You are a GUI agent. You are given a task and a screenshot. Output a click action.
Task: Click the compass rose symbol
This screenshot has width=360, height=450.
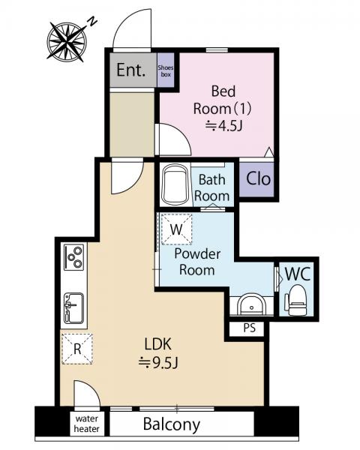(67, 42)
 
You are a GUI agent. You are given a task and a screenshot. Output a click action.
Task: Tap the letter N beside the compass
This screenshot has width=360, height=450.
(92, 22)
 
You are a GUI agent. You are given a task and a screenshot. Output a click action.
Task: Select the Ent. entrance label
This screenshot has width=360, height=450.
(131, 70)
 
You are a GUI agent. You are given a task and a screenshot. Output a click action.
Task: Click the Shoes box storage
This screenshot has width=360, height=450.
(166, 70)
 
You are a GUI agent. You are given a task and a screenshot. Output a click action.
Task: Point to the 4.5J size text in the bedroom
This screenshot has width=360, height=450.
(224, 126)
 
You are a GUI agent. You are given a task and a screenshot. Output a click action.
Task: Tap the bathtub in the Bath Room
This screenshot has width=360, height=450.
(175, 184)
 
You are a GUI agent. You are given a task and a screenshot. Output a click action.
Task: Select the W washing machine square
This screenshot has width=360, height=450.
(176, 229)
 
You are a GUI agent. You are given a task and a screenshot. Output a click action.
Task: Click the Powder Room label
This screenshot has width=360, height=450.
(197, 262)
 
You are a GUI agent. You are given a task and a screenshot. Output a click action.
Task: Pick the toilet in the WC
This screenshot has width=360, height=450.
(296, 300)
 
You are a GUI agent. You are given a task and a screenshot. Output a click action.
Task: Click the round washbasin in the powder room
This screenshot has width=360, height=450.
(251, 304)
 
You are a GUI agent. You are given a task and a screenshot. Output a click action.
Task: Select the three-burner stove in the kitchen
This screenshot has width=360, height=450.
(74, 256)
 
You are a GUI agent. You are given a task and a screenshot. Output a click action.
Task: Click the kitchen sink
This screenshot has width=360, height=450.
(73, 308)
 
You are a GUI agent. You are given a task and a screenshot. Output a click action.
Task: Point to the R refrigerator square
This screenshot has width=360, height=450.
(77, 349)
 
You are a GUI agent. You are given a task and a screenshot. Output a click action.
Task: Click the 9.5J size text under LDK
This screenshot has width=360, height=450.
(158, 362)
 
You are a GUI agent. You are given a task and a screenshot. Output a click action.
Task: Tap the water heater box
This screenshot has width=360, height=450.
(87, 424)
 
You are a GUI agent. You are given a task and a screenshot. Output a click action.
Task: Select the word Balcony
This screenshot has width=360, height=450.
(172, 424)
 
